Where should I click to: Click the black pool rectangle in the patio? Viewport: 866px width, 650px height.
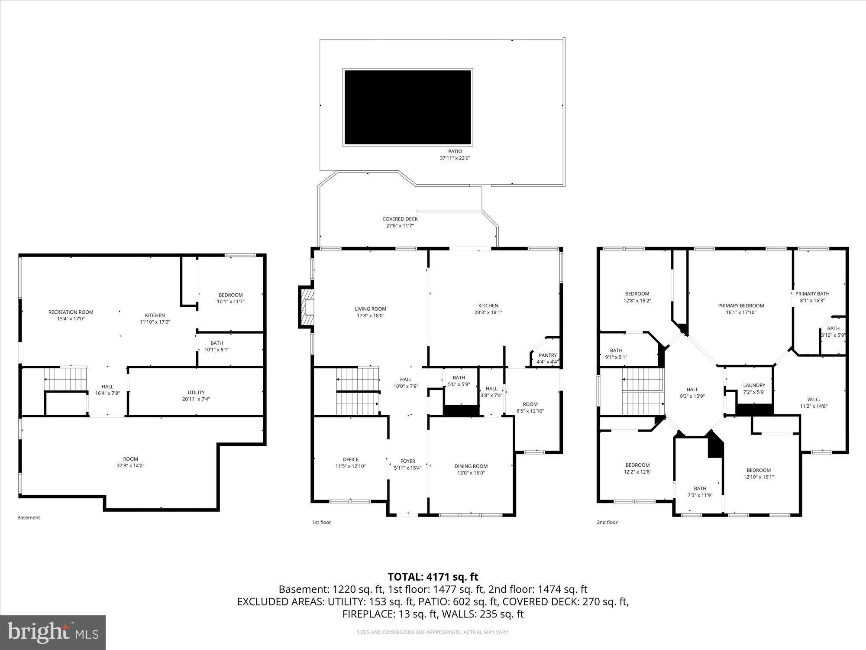407,107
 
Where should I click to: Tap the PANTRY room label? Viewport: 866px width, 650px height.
548,355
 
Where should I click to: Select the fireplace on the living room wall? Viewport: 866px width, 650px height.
306,306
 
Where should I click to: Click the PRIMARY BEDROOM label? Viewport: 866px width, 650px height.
741,305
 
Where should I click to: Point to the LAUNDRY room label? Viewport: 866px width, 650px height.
754,385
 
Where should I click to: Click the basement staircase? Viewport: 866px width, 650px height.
66,379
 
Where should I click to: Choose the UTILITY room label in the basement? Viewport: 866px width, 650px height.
196,393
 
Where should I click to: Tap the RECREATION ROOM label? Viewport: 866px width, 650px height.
71,312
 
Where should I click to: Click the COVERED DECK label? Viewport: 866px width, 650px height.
400,219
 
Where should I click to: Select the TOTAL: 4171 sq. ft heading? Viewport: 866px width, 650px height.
433,577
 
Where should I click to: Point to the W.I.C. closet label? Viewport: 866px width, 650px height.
813,400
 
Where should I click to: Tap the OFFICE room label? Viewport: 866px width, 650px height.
350,459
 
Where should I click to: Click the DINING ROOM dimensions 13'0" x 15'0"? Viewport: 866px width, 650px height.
471,473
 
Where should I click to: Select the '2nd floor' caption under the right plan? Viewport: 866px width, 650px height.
607,522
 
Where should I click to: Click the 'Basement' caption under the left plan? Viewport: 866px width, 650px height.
29,517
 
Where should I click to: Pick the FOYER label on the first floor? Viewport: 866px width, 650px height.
407,461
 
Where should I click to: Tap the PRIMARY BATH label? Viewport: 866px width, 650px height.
812,294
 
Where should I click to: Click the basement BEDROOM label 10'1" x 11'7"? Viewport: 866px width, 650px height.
230,295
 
